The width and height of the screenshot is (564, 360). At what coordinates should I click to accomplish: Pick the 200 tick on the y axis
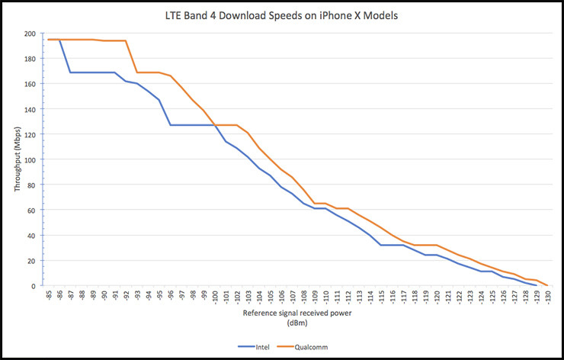(x=30, y=34)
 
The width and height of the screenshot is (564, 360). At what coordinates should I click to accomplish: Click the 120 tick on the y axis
(x=30, y=134)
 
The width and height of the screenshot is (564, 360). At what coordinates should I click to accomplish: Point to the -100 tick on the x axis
(x=215, y=297)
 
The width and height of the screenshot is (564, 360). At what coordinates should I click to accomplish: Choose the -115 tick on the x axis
(x=381, y=297)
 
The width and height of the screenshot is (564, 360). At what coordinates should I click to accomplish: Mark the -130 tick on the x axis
(x=547, y=297)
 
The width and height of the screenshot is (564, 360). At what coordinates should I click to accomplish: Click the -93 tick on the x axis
(x=137, y=296)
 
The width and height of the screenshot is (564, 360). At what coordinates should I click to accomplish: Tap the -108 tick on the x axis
(x=303, y=297)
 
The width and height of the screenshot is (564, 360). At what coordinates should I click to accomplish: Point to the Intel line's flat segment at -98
(x=193, y=124)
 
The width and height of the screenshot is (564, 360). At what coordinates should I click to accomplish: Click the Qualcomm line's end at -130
(x=547, y=285)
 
